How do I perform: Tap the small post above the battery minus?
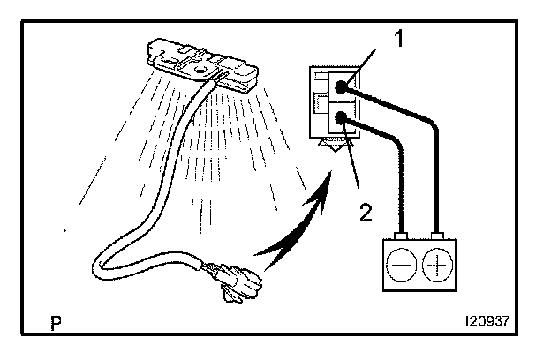pos(403,236)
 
